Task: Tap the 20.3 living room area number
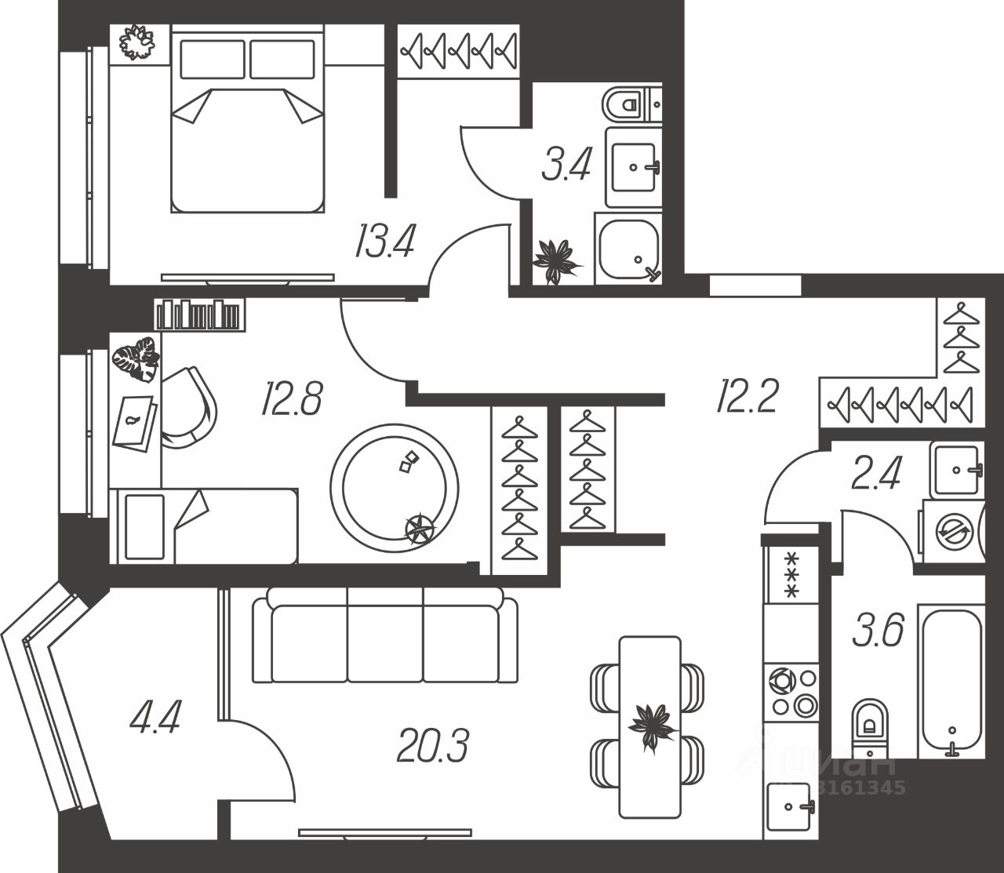(432, 745)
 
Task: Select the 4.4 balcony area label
(155, 717)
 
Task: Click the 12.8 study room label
(293, 398)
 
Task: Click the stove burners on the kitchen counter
(792, 691)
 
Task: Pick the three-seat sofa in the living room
(385, 635)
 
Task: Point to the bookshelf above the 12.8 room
(199, 315)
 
